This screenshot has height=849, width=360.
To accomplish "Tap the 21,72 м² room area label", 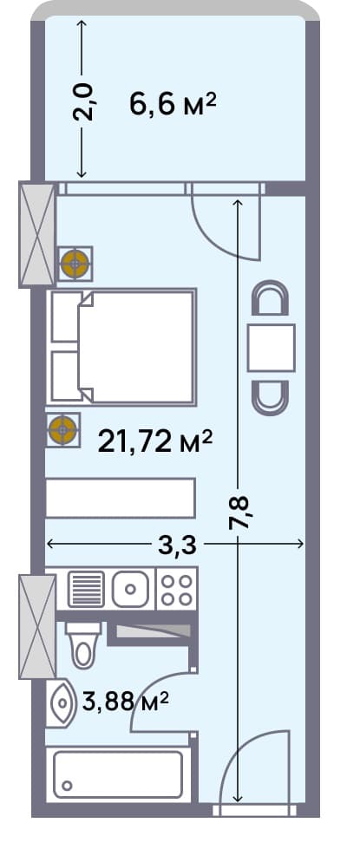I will point(154,443).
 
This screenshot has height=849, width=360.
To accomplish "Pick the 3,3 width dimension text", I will point(177,545).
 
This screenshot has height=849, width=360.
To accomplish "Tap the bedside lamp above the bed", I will point(75,264).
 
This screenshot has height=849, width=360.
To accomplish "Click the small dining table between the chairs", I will point(271,347).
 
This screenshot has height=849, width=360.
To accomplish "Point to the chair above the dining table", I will point(271,300).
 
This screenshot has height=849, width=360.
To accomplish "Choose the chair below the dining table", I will point(271,395).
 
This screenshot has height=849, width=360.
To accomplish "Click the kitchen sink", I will point(131,590).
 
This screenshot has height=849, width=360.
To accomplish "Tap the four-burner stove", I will point(176,590).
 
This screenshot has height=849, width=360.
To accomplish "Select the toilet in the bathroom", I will point(83,645).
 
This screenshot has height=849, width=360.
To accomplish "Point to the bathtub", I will point(119,774).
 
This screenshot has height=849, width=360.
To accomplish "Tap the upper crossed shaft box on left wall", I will point(37,234).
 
